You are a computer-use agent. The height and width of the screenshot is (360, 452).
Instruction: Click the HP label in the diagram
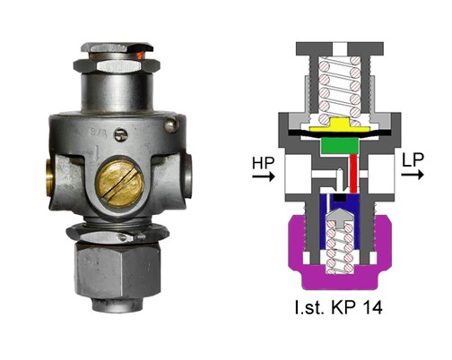[263, 163]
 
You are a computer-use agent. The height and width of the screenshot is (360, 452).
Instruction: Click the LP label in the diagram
[413, 160]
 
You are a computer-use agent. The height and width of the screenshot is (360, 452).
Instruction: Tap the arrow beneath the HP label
[264, 176]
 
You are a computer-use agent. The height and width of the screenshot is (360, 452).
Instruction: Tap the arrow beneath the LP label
[413, 174]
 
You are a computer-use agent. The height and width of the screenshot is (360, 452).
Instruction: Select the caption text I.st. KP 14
[338, 307]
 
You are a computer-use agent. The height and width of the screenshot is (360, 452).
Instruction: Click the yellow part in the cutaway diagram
[339, 126]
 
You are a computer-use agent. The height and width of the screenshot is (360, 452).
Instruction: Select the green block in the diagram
[339, 146]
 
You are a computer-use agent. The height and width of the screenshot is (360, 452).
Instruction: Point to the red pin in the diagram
[353, 173]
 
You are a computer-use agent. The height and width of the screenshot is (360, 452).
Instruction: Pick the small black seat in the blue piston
[341, 197]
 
